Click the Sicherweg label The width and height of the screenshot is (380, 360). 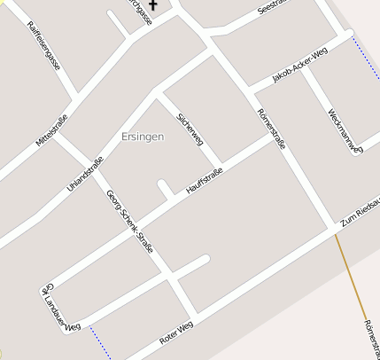(190, 129)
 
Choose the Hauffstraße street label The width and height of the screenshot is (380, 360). (205, 181)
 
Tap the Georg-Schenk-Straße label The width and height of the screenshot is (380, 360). (129, 222)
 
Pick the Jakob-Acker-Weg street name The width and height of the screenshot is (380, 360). (300, 67)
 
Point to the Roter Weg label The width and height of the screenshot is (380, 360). (175, 333)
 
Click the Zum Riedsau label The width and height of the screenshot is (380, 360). (361, 213)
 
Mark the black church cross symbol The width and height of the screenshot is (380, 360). (152, 5)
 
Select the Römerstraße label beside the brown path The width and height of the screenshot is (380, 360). (369, 337)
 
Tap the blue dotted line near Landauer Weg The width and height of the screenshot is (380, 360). (100, 342)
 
